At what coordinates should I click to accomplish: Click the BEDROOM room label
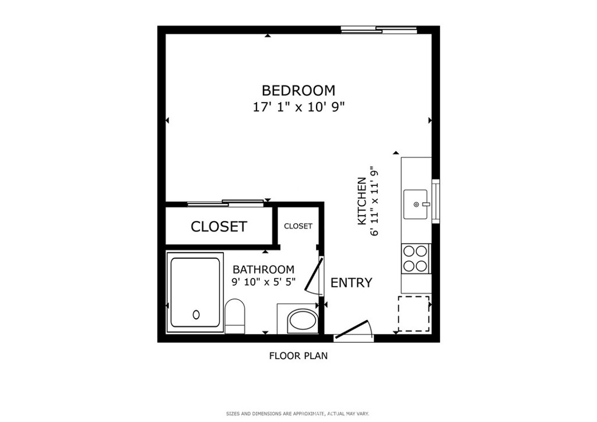pyautogui.click(x=298, y=90)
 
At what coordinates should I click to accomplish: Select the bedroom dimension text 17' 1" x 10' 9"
pyautogui.click(x=298, y=107)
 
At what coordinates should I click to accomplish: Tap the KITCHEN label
pyautogui.click(x=361, y=201)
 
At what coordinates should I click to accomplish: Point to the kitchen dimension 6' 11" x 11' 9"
pyautogui.click(x=375, y=201)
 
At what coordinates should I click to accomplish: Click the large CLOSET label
pyautogui.click(x=219, y=226)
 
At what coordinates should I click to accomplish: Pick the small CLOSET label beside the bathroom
pyautogui.click(x=298, y=226)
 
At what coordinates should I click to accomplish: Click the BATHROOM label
pyautogui.click(x=264, y=269)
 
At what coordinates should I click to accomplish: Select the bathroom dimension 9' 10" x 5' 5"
pyautogui.click(x=264, y=282)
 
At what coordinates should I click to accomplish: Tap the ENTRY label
pyautogui.click(x=351, y=283)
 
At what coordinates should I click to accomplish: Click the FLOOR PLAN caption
pyautogui.click(x=298, y=356)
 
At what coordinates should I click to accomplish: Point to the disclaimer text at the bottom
pyautogui.click(x=297, y=414)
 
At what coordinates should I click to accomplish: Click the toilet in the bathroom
pyautogui.click(x=234, y=316)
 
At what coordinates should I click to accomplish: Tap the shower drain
pyautogui.click(x=196, y=314)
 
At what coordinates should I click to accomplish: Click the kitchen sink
pyautogui.click(x=416, y=205)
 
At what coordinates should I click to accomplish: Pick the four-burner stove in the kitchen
pyautogui.click(x=415, y=258)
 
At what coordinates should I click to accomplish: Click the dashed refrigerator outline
pyautogui.click(x=414, y=314)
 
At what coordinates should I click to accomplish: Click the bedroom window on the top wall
pyautogui.click(x=379, y=29)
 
